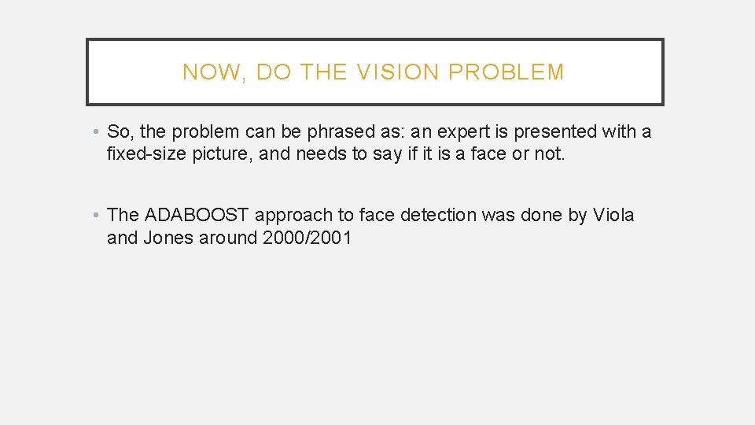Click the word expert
click(459, 131)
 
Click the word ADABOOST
click(197, 215)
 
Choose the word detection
click(438, 215)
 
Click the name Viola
click(613, 215)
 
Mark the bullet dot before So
click(94, 131)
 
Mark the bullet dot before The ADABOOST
click(94, 215)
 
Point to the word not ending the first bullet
click(548, 153)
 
